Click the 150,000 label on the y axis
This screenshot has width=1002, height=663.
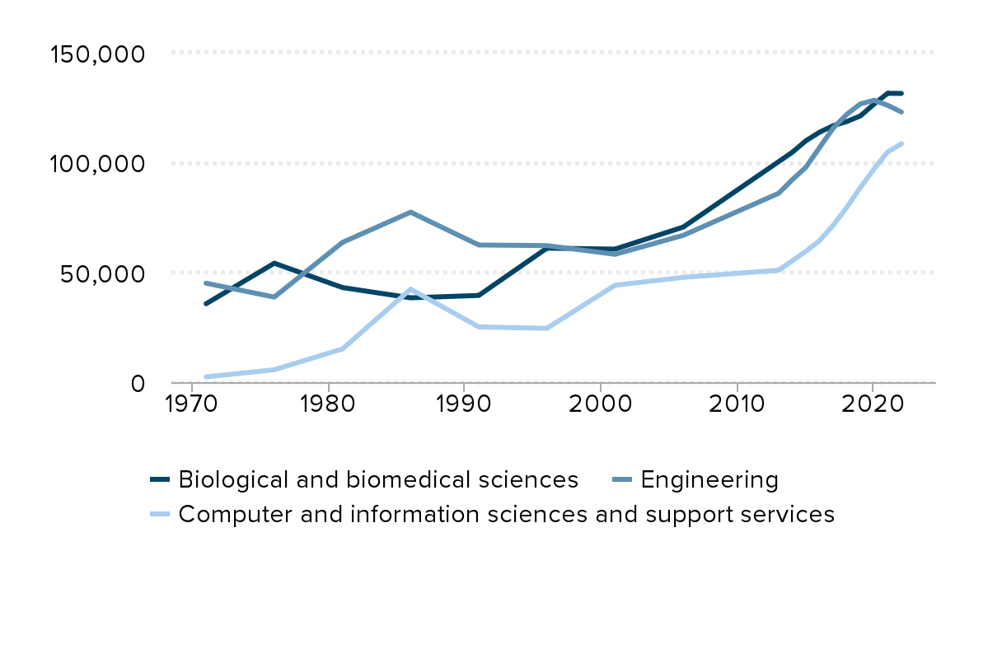pos(97,54)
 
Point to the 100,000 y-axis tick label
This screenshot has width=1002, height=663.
pos(97,164)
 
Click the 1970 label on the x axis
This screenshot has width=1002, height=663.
pos(192,405)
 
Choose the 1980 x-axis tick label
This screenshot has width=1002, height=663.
pos(328,405)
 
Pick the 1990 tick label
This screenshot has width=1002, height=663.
pos(464,405)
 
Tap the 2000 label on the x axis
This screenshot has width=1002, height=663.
pos(600,405)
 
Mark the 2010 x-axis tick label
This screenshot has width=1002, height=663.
pos(736,405)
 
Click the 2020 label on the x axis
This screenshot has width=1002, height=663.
pos(872,405)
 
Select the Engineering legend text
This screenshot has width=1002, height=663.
pos(709,479)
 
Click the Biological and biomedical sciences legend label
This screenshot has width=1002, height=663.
pos(378,479)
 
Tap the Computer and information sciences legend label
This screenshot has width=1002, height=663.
pos(507,514)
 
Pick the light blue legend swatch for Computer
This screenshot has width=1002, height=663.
pos(160,515)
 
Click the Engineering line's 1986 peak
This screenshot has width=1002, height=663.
pos(410,212)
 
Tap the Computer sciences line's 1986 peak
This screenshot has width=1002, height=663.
pos(410,289)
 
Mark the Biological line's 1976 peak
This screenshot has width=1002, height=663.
pos(274,264)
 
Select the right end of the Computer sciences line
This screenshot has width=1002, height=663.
pos(901,144)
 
